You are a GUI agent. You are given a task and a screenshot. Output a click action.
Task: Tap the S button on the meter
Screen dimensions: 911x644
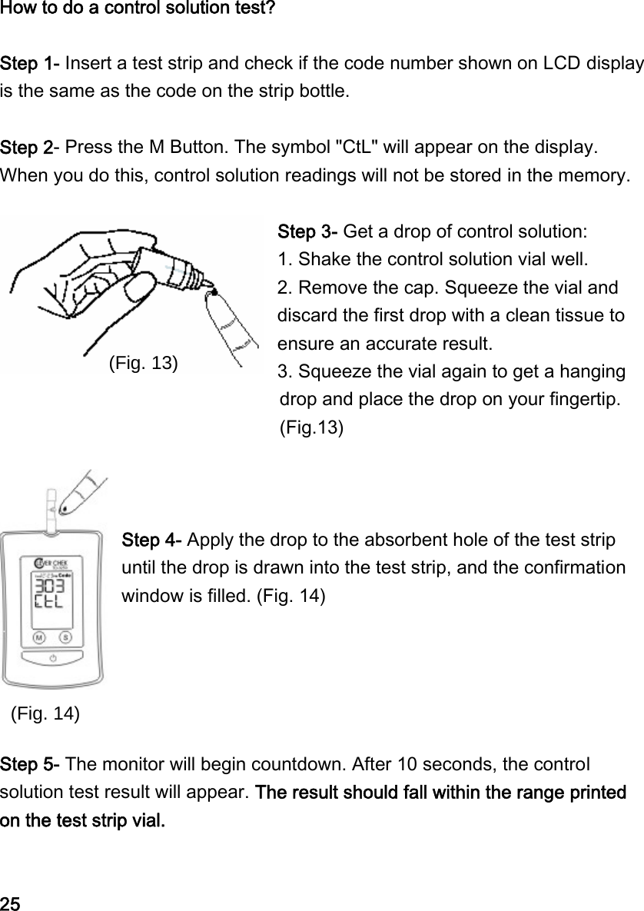coord(66,637)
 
